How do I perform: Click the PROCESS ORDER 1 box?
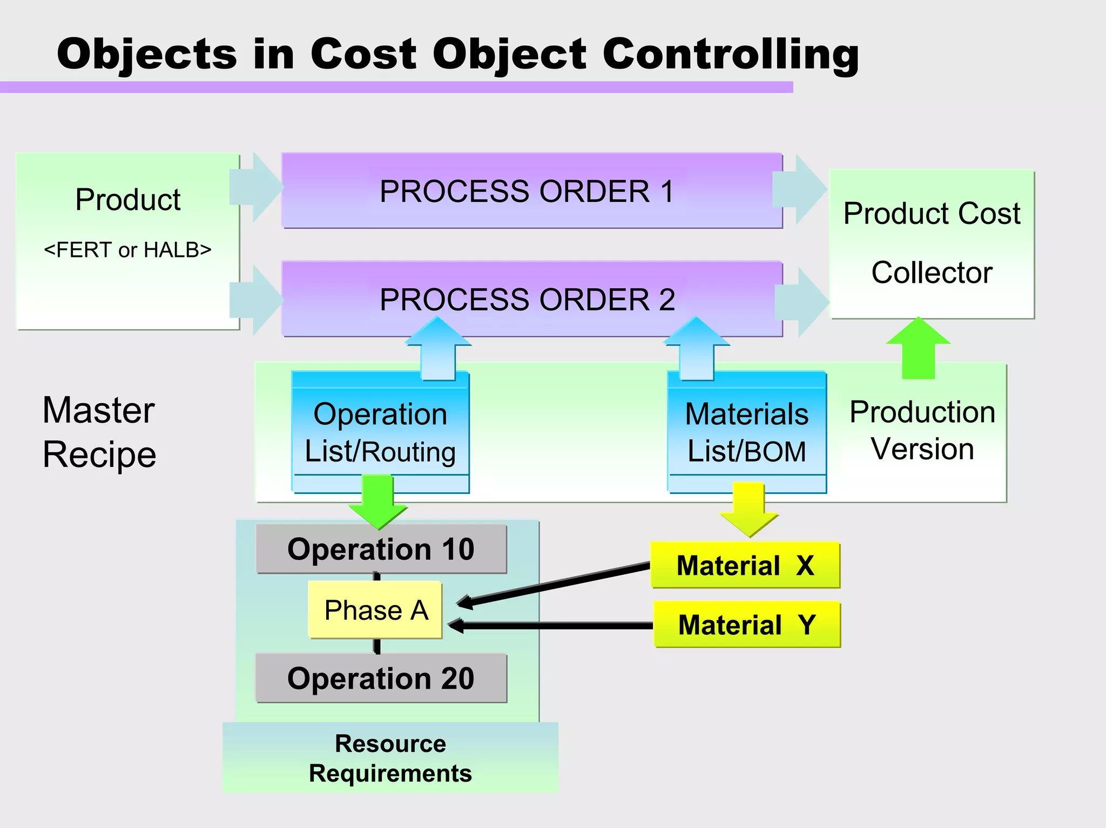tap(532, 191)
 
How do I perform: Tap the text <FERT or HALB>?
tap(127, 250)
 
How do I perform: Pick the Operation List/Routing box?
tap(380, 432)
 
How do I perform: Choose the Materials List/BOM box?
tap(746, 432)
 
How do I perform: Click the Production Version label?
tap(922, 430)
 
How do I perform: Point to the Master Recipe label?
tap(99, 432)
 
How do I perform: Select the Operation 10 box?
tap(381, 549)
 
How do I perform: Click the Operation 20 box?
tap(381, 678)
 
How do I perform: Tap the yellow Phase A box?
tap(375, 610)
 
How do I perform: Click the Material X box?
tap(745, 565)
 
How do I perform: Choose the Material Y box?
tap(747, 625)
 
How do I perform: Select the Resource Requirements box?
tap(390, 757)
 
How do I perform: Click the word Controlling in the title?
tap(730, 54)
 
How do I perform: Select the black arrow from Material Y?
tap(551, 626)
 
